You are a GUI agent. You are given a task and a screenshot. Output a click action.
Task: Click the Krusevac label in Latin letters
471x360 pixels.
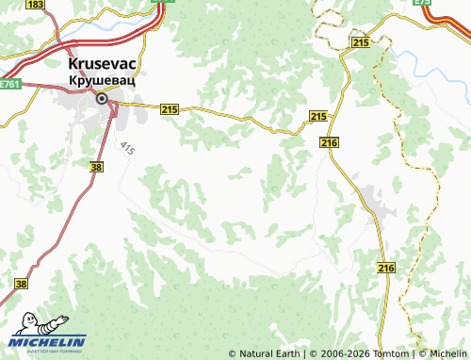coord(101,64)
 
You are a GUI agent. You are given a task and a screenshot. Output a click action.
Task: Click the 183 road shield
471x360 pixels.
coord(35,5)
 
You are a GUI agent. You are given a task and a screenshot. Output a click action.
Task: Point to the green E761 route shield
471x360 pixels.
coord(9,85)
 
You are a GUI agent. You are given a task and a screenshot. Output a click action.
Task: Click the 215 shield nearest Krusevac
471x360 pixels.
coord(170,110)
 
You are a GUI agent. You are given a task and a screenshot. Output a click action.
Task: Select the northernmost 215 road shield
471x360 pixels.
coord(359,43)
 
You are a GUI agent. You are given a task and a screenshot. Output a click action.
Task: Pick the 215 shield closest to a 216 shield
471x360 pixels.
coord(317,116)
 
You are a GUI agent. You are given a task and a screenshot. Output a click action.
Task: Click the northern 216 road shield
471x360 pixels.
coord(328,141)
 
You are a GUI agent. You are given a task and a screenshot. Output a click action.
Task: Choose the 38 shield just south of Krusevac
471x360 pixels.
coord(96,166)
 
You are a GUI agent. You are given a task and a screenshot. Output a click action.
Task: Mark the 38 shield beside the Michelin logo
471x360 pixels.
coord(22,283)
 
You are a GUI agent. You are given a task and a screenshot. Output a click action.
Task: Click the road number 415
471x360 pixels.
coord(127,149)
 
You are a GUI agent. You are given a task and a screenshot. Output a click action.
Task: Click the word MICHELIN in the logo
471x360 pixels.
coord(49,341)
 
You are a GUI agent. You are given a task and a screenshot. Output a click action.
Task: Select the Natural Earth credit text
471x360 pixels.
coord(269,353)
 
